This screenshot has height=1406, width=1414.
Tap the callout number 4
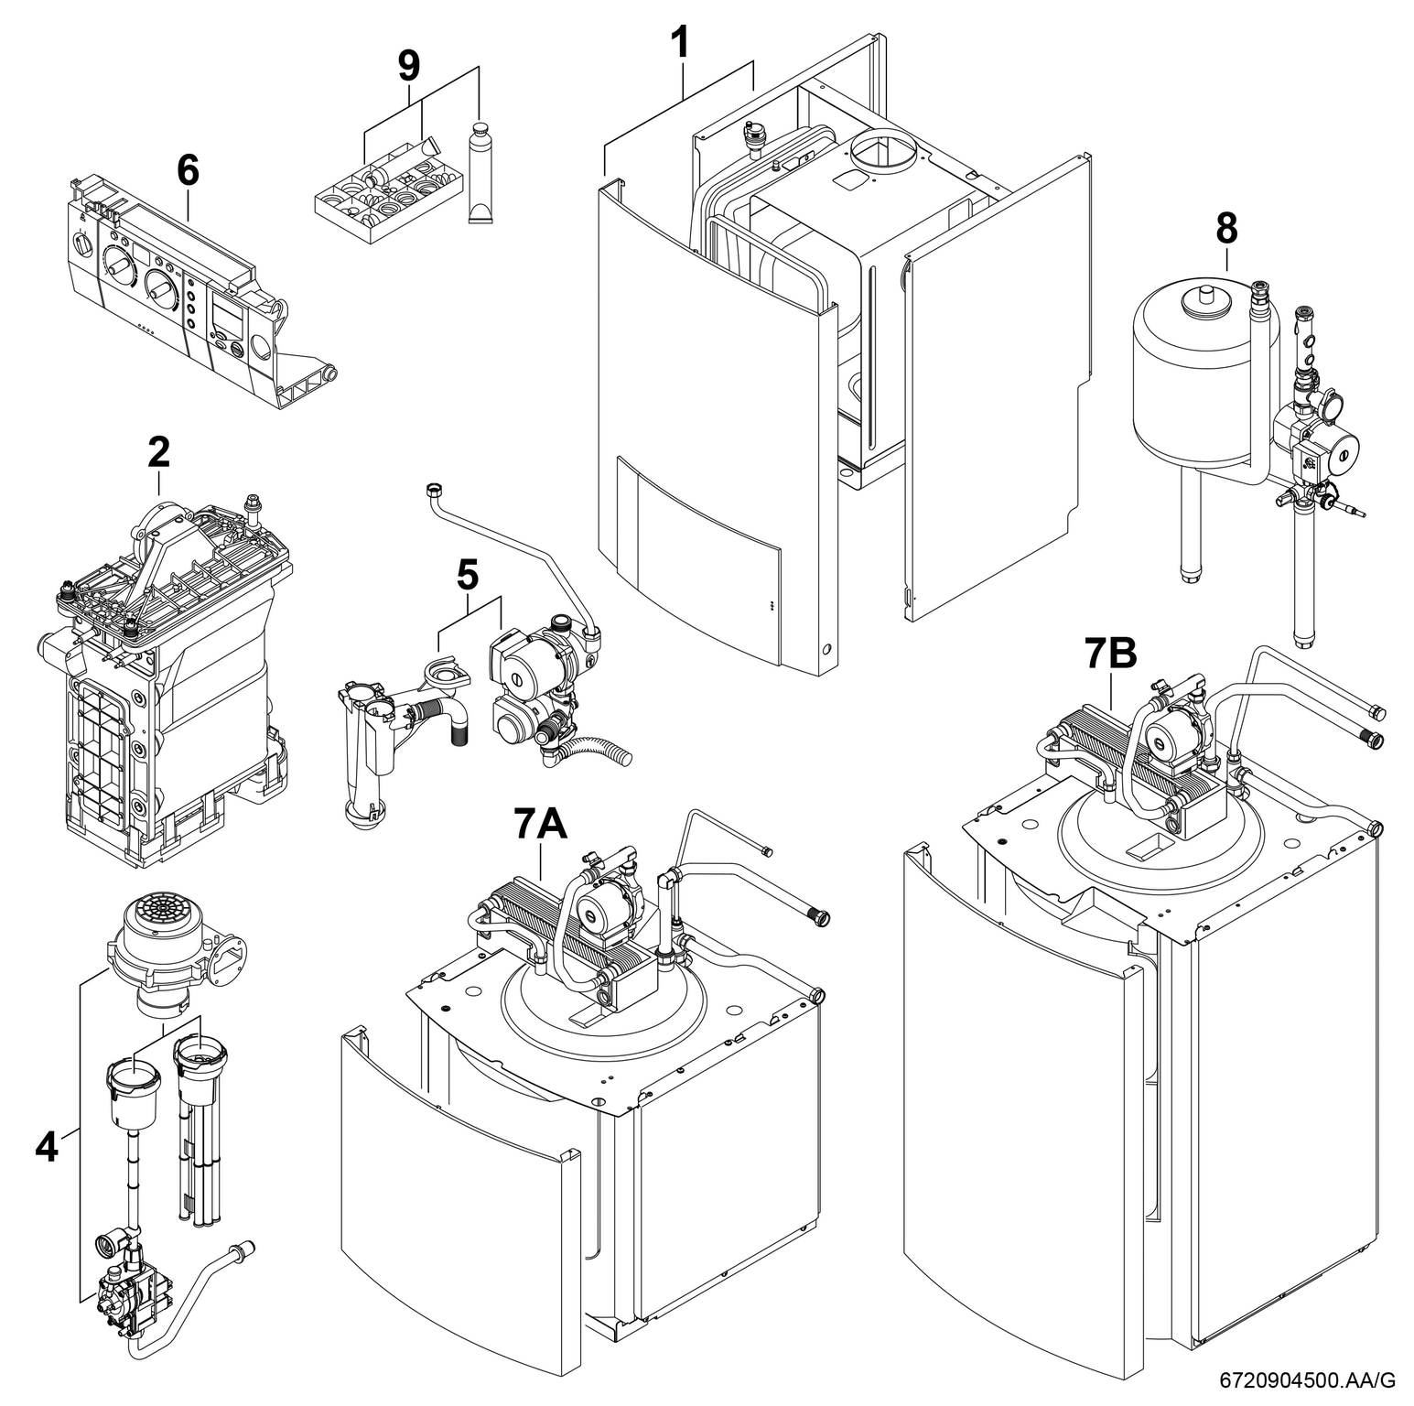pos(46,1145)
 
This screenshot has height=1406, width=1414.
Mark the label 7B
pos(1110,654)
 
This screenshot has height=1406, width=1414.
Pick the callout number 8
pos(1226,230)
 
